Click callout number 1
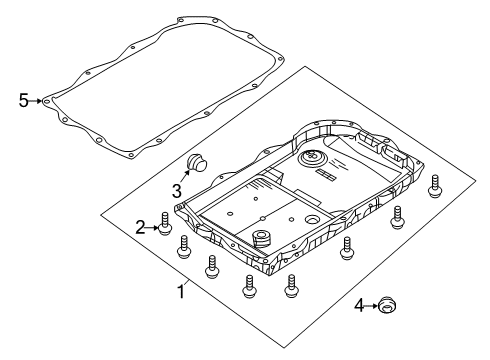pos(181,292)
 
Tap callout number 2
pos(142,228)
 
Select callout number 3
pos(176,190)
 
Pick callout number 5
pos(24,100)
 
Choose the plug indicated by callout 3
pos(196,164)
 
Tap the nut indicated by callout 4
pos(387,332)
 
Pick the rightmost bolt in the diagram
pos(435,188)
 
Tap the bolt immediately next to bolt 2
pos(184,247)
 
